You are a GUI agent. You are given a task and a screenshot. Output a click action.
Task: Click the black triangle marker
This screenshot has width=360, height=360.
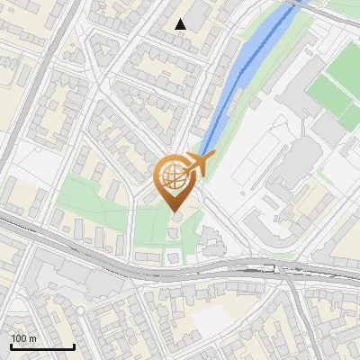tap(181, 24)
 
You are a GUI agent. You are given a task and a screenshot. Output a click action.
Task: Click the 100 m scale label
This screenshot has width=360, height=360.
tap(23, 338)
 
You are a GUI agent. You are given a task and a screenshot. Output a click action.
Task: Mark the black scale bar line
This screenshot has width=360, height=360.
tap(41, 346)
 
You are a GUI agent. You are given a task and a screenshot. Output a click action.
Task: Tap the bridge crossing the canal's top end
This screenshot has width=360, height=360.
tap(294, 4)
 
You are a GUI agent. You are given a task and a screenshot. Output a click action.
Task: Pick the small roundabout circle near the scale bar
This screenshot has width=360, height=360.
tap(81, 311)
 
